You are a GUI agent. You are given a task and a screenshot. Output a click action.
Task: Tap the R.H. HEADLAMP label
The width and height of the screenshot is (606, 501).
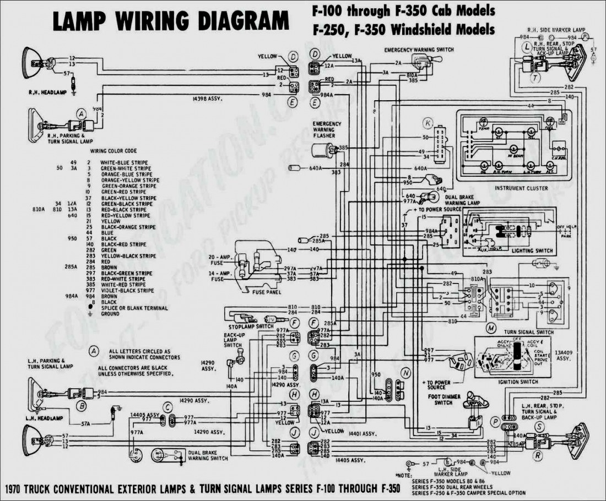tap(48, 92)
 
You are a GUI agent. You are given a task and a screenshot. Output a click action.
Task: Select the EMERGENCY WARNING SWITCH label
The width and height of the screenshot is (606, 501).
tap(419, 50)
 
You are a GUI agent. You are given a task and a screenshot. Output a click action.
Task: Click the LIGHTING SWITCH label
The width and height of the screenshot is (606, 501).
tap(532, 251)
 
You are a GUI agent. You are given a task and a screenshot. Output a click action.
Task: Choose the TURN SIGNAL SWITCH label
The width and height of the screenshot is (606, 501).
tap(529, 333)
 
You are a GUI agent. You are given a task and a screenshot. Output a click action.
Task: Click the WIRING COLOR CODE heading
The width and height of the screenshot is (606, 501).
tap(113, 151)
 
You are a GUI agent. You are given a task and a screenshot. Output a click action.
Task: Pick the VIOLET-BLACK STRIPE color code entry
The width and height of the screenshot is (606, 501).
tap(127, 290)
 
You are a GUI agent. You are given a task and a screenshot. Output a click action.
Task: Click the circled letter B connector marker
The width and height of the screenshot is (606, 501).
tap(82, 406)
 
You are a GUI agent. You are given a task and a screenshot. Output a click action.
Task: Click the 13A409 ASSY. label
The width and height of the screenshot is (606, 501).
tap(562, 355)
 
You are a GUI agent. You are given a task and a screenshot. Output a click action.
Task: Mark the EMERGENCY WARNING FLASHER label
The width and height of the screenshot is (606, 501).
tap(327, 130)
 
